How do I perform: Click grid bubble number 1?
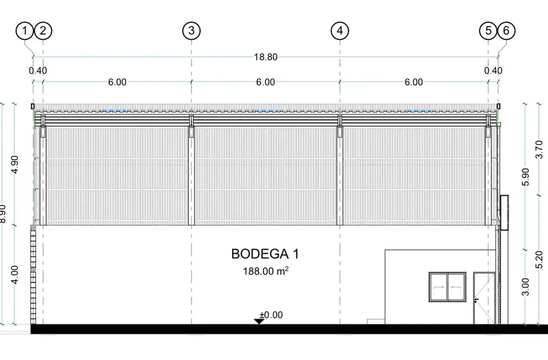[25, 31]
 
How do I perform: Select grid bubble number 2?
[43, 31]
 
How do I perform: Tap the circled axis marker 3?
[191, 31]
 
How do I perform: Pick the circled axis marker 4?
[340, 31]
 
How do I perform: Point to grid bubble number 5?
[488, 31]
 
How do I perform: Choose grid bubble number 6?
[506, 31]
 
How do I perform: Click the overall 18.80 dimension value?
[266, 57]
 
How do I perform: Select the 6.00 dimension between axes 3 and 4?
[265, 82]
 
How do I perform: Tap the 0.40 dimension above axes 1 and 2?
[37, 70]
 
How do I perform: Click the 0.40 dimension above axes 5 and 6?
[493, 70]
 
